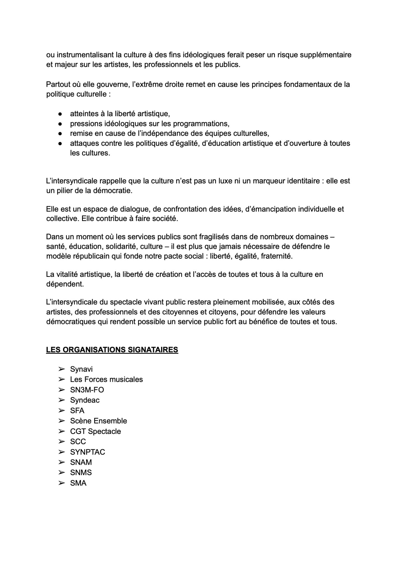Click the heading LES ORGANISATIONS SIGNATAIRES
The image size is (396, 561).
pos(112,350)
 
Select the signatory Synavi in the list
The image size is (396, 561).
pos(81,369)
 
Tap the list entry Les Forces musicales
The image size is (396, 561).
pos(106,380)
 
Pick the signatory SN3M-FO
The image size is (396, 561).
pos(87,390)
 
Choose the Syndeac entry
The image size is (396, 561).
pos(85,400)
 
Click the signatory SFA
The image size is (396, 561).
pos(77,411)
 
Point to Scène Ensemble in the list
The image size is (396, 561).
pos(99,421)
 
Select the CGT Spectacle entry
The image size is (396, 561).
pos(95,431)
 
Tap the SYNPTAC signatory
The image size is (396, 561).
pos(88,452)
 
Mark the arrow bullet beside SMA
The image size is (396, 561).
pos(61,483)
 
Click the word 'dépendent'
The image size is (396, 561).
pos(64,284)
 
